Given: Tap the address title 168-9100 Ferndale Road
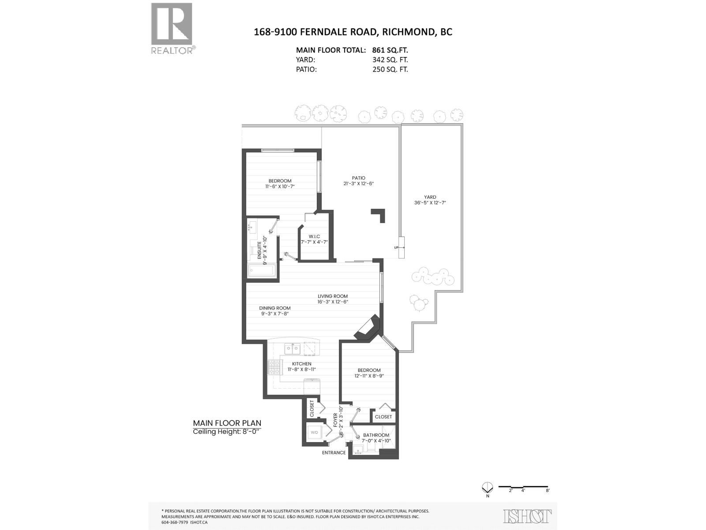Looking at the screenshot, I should coord(353,32).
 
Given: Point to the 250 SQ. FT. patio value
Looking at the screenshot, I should coord(390,69).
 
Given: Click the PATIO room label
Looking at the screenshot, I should coord(359,178).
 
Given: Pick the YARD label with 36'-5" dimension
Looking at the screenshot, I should coord(430,197).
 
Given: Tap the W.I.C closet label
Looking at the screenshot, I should coord(314,237).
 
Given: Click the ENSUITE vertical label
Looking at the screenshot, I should coord(265,250).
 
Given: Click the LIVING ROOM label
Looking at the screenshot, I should coord(333,296).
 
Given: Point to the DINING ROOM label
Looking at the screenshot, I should coord(274,308).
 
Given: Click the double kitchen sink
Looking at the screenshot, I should coord(291,349).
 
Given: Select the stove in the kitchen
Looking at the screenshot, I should coord(274,367).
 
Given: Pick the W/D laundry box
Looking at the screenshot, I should coord(315,432).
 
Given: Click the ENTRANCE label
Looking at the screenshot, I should coord(334,453).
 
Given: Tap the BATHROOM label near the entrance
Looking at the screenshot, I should coord(376,435).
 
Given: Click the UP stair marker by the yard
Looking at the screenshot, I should coord(396,247).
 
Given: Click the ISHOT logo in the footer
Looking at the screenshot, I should coord(527,516).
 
